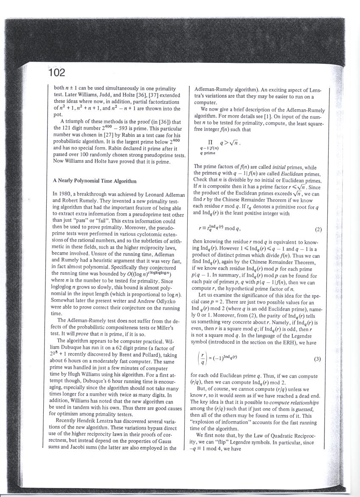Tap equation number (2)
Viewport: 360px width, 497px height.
click(x=318, y=230)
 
